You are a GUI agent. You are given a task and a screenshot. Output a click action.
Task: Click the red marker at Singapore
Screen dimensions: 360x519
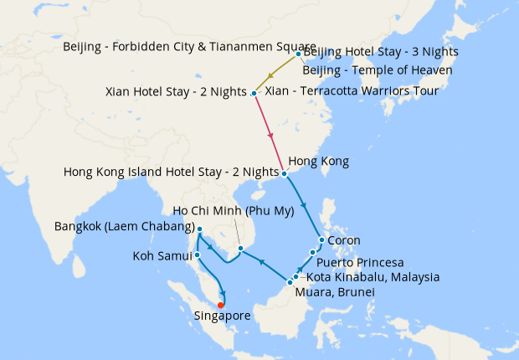pyautogui.click(x=220, y=305)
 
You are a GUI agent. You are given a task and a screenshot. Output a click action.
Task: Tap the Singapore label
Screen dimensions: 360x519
pyautogui.click(x=222, y=316)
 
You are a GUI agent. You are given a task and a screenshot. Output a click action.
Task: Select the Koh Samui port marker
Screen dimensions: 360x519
pyautogui.click(x=197, y=255)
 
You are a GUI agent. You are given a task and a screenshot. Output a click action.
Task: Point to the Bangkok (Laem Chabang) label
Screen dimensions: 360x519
pyautogui.click(x=124, y=227)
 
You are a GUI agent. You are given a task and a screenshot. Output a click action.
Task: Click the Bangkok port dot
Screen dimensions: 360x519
pyautogui.click(x=199, y=229)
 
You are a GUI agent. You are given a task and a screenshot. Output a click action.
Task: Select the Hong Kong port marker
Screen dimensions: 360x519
pyautogui.click(x=284, y=174)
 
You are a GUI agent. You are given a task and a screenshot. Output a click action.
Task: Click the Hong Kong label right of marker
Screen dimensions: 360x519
pyautogui.click(x=318, y=161)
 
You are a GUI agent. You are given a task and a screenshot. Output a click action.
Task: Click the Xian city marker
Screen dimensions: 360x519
pyautogui.click(x=254, y=92)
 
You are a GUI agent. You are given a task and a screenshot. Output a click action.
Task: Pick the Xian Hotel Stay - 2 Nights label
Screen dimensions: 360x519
pyautogui.click(x=177, y=91)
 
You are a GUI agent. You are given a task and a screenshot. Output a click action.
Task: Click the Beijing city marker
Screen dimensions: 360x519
pyautogui.click(x=298, y=55)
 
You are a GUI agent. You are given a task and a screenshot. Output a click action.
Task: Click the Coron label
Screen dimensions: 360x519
pyautogui.click(x=343, y=240)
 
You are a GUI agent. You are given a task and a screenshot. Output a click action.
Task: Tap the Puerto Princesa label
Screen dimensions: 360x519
pyautogui.click(x=360, y=262)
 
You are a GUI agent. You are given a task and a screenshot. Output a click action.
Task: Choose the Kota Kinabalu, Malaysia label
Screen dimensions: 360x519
pyautogui.click(x=373, y=277)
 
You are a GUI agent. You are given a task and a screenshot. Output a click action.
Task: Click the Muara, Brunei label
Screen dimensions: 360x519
pyautogui.click(x=334, y=293)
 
